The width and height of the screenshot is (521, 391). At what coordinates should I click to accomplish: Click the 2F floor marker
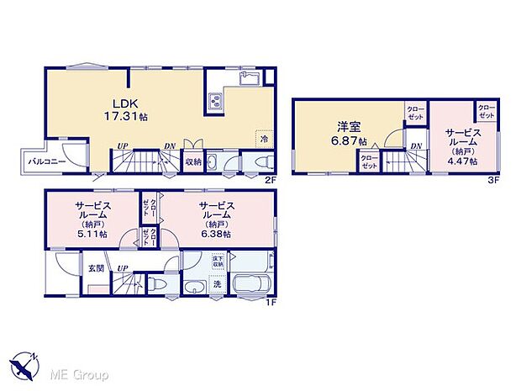coord(270,178)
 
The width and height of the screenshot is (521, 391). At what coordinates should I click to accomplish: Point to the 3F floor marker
coord(493,178)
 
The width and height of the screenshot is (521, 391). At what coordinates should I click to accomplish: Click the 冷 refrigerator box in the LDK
coord(263,139)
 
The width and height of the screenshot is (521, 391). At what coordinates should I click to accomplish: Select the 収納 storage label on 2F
coord(192,161)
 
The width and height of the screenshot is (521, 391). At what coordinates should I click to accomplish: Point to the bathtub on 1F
coord(249,285)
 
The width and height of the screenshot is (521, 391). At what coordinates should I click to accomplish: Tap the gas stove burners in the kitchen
coord(213,102)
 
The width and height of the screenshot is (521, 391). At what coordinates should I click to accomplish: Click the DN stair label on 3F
coord(416,146)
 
